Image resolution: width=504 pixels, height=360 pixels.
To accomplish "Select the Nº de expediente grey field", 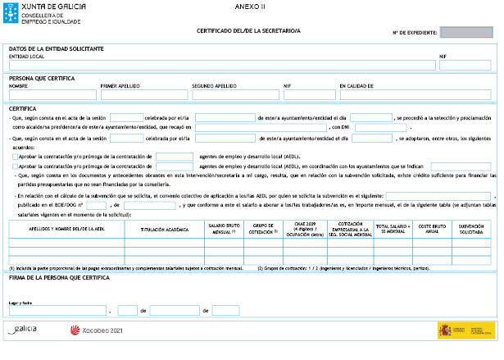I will (x=465, y=33).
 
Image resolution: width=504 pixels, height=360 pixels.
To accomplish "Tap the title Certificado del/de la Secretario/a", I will (x=249, y=30).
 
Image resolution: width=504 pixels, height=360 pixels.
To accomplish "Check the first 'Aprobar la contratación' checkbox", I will (x=14, y=155).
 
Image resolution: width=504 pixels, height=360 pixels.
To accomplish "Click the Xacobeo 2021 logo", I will (x=96, y=330).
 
